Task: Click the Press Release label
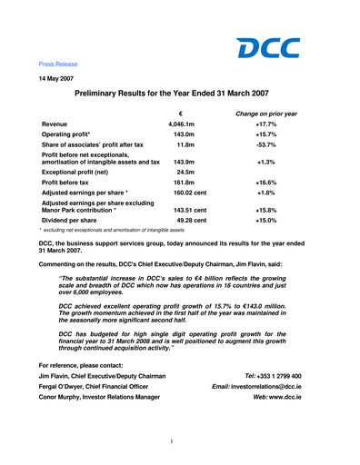pyautogui.click(x=58, y=64)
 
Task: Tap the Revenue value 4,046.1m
pyautogui.click(x=184, y=124)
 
